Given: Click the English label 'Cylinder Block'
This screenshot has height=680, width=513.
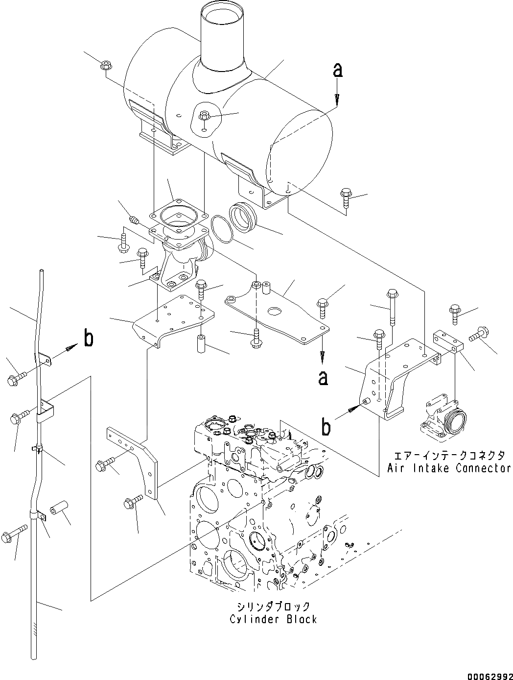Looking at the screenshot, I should (273, 619).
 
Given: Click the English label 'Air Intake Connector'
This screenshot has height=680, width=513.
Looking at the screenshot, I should (449, 468).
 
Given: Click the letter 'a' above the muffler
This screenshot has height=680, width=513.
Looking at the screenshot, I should (337, 71).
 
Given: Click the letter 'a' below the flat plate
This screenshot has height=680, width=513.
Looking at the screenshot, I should (323, 377).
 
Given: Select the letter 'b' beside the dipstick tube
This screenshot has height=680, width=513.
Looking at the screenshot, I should (88, 339).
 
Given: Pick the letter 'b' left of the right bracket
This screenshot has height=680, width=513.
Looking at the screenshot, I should (326, 427).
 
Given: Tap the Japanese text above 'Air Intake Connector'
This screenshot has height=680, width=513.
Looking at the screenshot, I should (449, 455).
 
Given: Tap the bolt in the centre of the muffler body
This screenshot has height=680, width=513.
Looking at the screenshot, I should (205, 116).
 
